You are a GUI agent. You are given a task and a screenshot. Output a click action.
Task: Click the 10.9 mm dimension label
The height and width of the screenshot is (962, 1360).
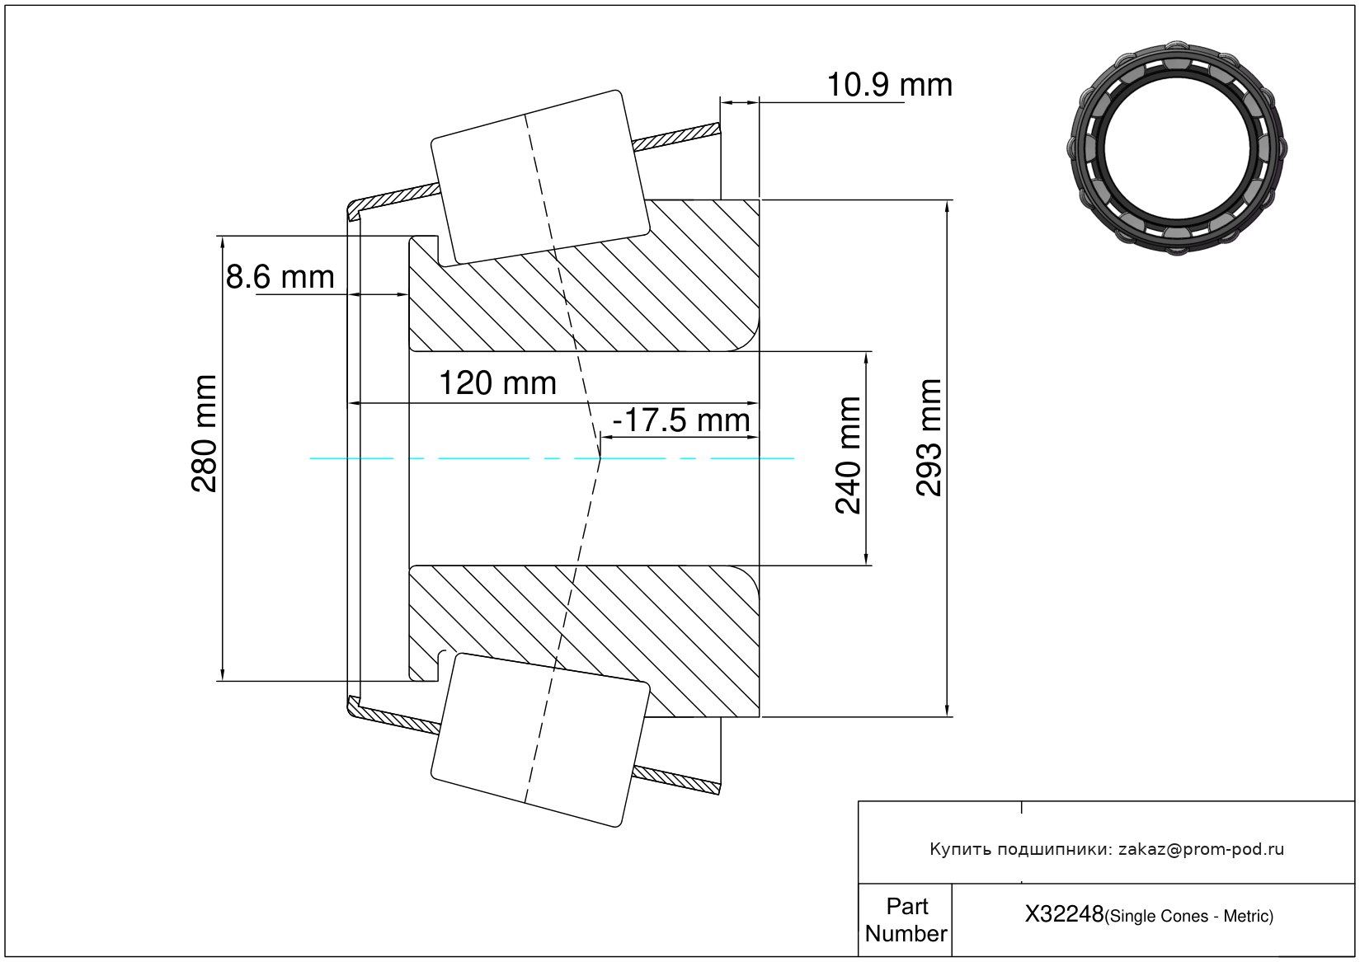[x=889, y=84]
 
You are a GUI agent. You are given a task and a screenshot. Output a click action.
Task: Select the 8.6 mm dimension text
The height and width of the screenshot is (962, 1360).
[x=280, y=277]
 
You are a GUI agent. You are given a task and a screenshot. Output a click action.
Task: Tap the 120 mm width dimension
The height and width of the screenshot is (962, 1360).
[x=497, y=383]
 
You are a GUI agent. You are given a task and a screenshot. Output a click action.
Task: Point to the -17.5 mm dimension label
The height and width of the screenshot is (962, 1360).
[x=681, y=420]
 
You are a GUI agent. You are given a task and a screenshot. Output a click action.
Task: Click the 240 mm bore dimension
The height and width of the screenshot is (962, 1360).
[x=848, y=456]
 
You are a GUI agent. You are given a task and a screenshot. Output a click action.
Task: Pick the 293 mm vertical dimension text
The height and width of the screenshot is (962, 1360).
[x=929, y=438]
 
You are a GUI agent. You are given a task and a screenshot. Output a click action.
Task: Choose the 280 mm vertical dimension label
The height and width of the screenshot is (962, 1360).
[x=204, y=434]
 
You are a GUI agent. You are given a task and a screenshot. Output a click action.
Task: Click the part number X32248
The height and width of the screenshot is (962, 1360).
[x=1064, y=913]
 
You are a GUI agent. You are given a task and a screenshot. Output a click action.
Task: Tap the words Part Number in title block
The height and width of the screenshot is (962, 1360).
[x=906, y=919]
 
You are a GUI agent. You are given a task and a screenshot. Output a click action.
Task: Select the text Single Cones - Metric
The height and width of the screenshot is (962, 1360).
[x=1188, y=916]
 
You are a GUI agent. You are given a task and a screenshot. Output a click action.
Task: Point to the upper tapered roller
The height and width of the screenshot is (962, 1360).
[x=540, y=177]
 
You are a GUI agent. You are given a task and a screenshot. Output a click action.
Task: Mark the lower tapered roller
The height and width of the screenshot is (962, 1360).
[x=540, y=740]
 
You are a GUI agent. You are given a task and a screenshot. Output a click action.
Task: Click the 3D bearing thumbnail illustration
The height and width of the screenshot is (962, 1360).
[x=1177, y=148]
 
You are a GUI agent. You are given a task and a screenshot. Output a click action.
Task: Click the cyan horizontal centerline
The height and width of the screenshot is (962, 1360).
[x=552, y=458]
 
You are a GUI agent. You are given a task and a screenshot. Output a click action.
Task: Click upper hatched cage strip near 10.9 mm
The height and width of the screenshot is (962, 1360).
[x=676, y=137]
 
